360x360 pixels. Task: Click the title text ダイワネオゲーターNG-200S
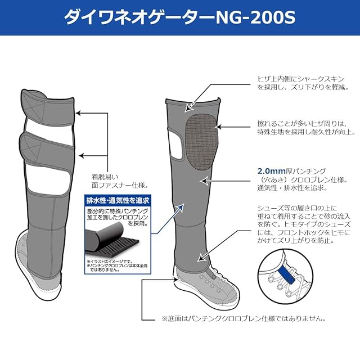point(179,17)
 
